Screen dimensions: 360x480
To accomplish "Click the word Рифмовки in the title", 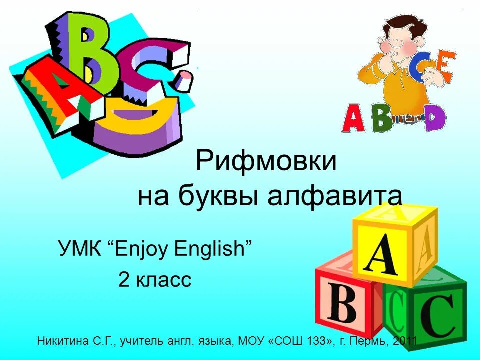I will pos(266,162).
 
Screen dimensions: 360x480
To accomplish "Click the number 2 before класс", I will pos(124,280).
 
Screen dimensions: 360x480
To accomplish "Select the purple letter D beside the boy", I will pos(434,118).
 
